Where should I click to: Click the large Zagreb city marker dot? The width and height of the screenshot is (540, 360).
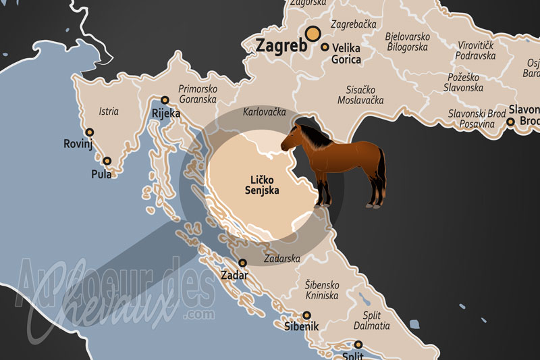click(x=313, y=34)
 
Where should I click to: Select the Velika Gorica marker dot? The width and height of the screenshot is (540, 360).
click(x=325, y=47)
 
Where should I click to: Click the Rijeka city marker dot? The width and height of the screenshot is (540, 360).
click(x=165, y=99)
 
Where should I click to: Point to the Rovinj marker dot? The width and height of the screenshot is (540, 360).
click(x=89, y=132)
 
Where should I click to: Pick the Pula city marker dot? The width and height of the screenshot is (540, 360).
click(x=107, y=161)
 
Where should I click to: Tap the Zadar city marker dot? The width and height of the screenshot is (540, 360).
click(x=243, y=263)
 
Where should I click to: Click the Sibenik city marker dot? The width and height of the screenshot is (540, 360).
click(x=306, y=315)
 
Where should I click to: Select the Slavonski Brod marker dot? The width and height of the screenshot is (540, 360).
click(x=511, y=122)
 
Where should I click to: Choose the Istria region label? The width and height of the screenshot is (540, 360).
click(x=109, y=111)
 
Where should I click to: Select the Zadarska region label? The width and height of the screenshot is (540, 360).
click(x=283, y=259)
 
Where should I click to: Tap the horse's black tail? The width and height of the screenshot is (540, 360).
click(x=381, y=169)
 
